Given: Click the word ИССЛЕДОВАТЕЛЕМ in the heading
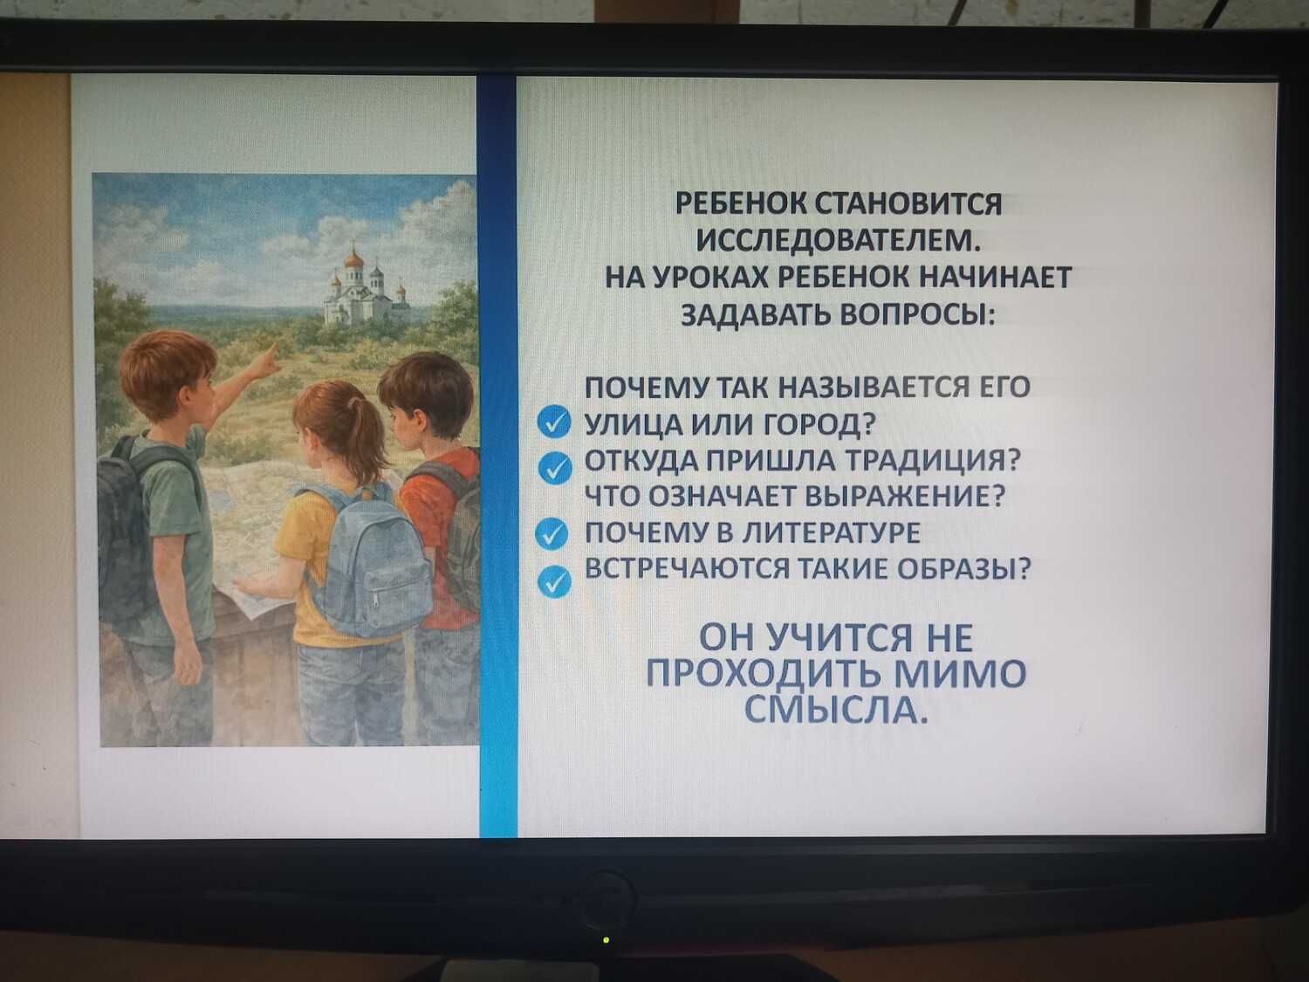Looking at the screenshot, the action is pyautogui.click(x=839, y=242).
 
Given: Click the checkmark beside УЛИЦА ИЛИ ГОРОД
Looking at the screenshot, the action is pyautogui.click(x=555, y=422).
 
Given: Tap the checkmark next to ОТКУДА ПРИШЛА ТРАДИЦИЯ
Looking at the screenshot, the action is pyautogui.click(x=555, y=470).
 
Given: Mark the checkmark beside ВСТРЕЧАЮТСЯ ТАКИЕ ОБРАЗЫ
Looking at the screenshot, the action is pyautogui.click(x=555, y=581).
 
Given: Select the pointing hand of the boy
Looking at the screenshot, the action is pyautogui.click(x=270, y=359).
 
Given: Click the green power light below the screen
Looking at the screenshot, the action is pyautogui.click(x=606, y=940).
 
